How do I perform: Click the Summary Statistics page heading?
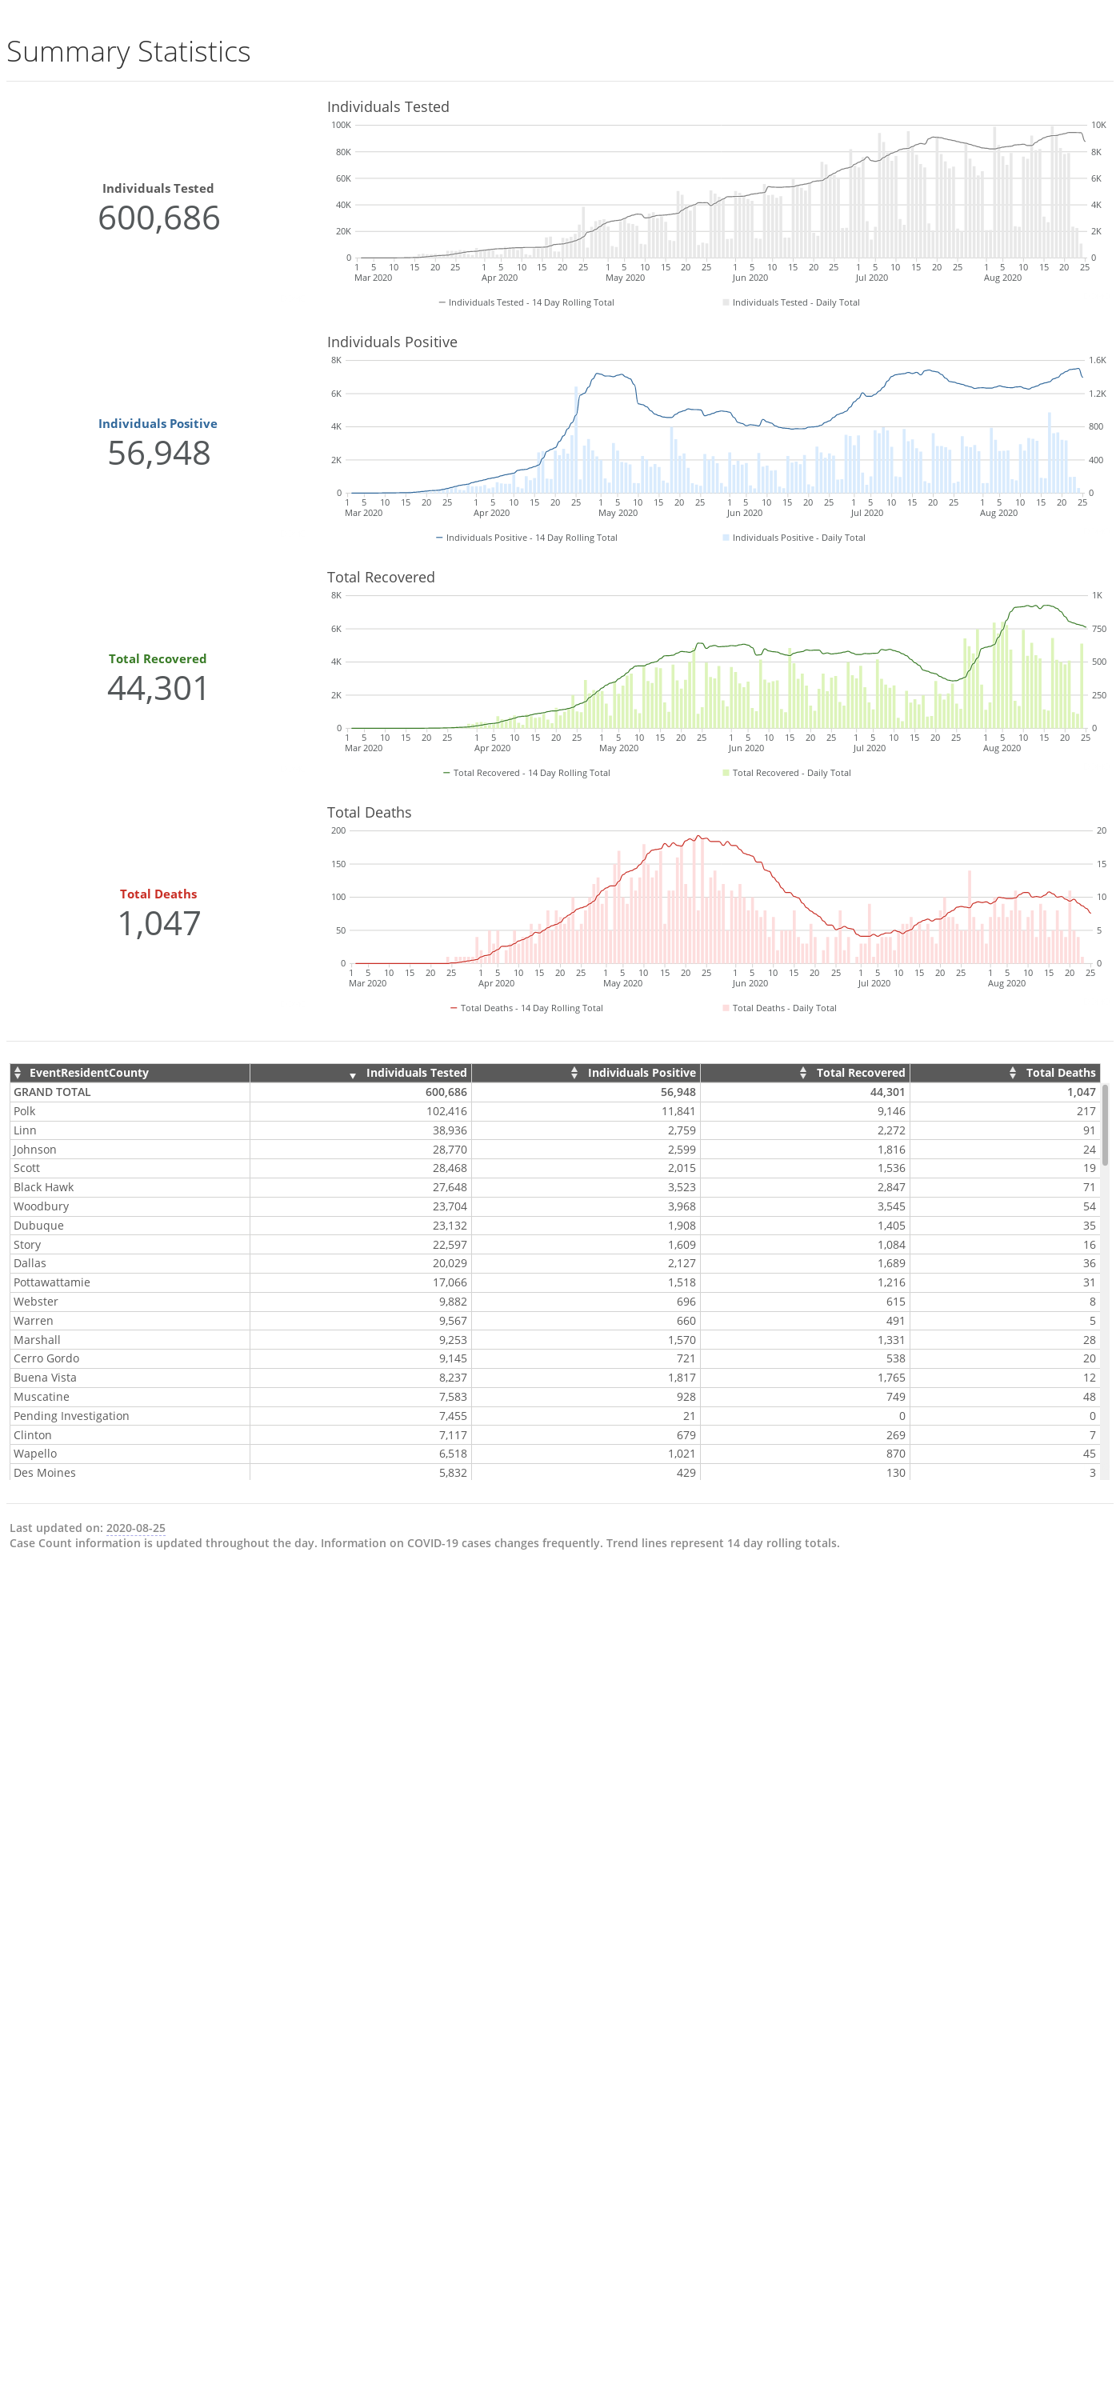tap(129, 51)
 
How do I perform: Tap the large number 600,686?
tap(158, 218)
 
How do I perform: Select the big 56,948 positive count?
tap(158, 454)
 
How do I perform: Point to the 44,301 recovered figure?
tap(158, 689)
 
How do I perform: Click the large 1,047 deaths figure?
tap(158, 923)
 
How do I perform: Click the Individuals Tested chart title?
tap(388, 107)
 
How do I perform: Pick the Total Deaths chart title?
tap(369, 813)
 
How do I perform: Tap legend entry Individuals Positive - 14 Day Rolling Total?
tap(526, 538)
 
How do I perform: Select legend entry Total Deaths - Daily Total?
tap(779, 1008)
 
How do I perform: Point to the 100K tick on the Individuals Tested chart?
tap(341, 125)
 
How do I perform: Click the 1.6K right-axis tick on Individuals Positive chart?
tap(1098, 360)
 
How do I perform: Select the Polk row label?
tap(24, 1111)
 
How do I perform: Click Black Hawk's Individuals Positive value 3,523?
tap(681, 1188)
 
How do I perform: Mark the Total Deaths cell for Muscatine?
tap(1090, 1398)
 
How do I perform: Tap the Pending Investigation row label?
tap(71, 1416)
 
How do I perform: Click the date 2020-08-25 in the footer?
tap(135, 1528)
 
